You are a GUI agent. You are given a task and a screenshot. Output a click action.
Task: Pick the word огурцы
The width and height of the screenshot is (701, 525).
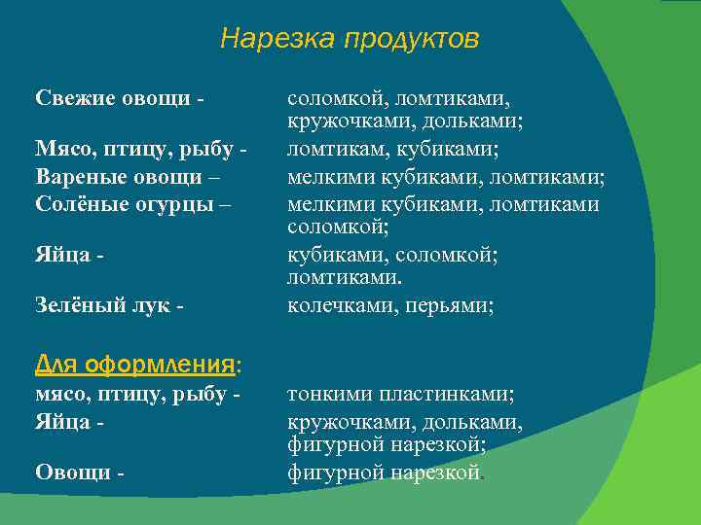171,205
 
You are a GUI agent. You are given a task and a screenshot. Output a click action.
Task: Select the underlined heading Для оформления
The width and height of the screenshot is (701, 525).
136,365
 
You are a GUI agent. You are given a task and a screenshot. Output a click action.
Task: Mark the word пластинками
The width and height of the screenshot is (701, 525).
448,395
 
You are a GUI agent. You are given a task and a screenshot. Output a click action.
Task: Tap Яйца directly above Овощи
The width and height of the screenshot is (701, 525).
62,423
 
